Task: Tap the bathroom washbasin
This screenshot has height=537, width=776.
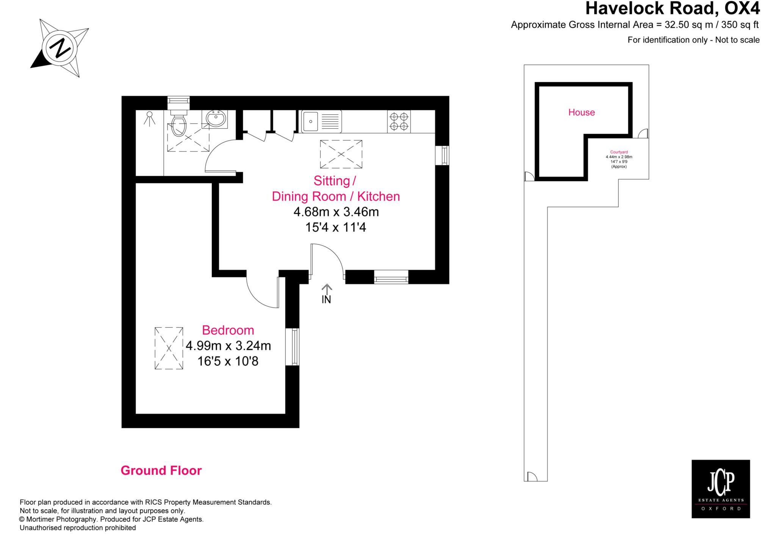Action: tap(217, 119)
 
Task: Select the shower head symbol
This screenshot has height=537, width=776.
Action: tap(150, 118)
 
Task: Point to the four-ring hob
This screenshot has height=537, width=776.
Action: tap(399, 121)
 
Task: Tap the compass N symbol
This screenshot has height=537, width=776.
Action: tap(60, 49)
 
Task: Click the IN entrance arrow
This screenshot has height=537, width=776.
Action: tap(326, 294)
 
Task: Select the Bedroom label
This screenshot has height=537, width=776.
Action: tap(228, 330)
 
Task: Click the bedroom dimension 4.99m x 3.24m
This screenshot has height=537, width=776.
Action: tap(228, 346)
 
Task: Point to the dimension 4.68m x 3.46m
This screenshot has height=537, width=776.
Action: tap(336, 212)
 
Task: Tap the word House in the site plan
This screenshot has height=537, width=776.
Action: tap(581, 112)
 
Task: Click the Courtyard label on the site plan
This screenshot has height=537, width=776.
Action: tap(619, 152)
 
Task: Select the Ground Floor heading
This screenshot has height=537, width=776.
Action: tap(161, 471)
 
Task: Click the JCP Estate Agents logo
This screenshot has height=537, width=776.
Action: tap(721, 489)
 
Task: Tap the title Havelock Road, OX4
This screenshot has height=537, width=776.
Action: tap(672, 8)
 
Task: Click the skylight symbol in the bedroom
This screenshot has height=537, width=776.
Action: tap(169, 348)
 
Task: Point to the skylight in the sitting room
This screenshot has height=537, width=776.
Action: tap(341, 154)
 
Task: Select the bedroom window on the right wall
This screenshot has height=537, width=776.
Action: tap(293, 347)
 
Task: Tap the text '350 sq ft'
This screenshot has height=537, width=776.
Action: tap(740, 25)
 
